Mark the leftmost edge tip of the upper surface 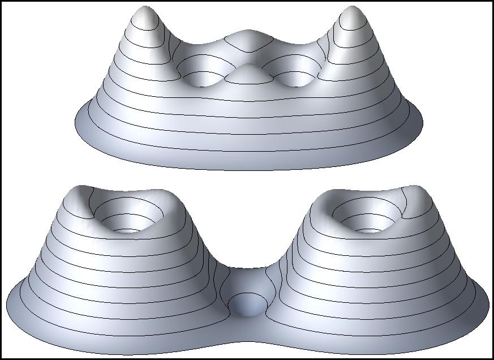[75, 122]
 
